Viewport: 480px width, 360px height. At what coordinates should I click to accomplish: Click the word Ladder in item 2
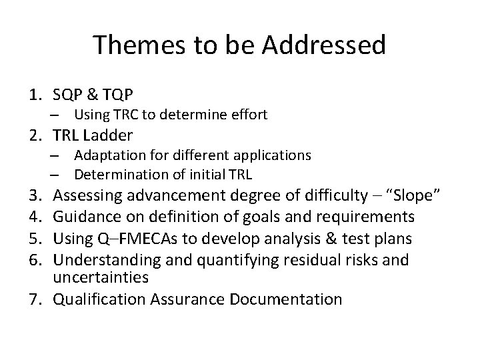[109, 136]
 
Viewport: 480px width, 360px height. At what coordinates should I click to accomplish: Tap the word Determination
[116, 175]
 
